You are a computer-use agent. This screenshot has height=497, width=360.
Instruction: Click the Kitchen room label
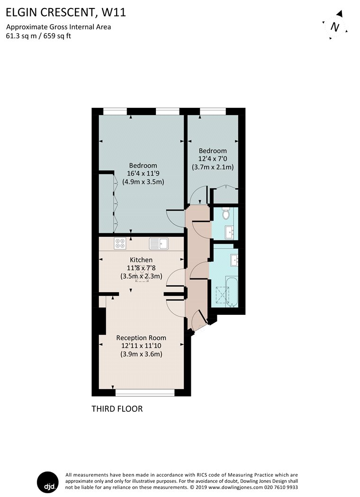[x=141, y=260]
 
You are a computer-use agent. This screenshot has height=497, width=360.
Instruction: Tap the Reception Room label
[x=141, y=338]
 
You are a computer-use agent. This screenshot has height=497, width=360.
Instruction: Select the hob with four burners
[x=120, y=243]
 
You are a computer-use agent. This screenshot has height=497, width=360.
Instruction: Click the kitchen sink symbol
[x=159, y=244]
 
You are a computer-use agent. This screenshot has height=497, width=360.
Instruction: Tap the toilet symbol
[x=226, y=214]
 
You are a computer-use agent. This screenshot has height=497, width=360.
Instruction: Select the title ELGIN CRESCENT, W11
[x=66, y=12]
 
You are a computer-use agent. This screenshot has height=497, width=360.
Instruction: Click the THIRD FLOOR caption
[x=117, y=409]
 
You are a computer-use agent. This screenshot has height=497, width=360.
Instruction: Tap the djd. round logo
[x=48, y=482]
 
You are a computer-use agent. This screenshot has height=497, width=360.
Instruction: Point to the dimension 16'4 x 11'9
[x=143, y=174]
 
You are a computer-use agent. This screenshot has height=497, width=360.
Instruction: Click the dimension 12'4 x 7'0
[x=213, y=159]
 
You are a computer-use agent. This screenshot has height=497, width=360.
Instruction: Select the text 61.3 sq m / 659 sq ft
[x=38, y=36]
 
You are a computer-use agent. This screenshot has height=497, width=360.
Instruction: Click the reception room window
[x=145, y=393]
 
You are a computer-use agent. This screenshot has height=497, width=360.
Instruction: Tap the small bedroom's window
[x=213, y=111]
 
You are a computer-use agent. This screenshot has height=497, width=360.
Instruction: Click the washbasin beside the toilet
[x=230, y=232]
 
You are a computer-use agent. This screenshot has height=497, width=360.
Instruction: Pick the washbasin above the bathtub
[x=234, y=260]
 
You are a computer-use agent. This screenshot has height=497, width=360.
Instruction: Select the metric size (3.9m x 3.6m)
[x=141, y=354]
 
